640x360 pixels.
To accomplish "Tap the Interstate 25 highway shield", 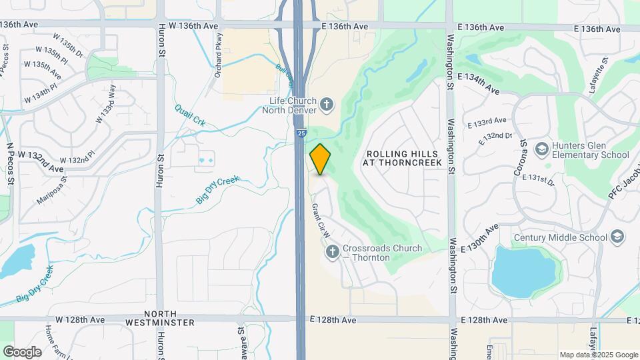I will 301,133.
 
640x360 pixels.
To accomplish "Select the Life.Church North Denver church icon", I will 326,103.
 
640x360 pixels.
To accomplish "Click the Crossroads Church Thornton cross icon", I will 333,252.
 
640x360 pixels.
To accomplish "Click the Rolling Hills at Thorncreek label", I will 404,158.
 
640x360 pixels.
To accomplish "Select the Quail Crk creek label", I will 190,115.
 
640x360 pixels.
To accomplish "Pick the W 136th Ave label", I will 193,26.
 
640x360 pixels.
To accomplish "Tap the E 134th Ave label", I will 483,81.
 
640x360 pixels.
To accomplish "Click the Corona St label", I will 522,158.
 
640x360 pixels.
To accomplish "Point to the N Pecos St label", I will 10,163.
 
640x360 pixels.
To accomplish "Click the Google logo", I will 22,351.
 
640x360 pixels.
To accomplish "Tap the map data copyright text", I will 598,355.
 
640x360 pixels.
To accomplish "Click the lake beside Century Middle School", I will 523,270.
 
